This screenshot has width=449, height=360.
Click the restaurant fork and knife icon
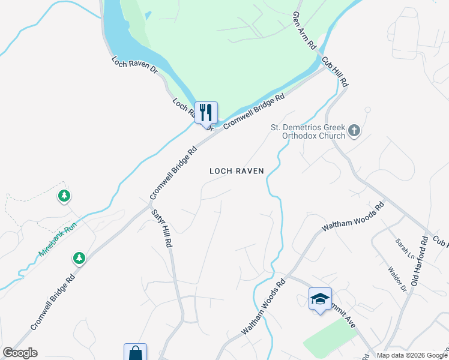tap(206, 112)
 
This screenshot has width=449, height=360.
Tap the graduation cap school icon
tap(320, 299)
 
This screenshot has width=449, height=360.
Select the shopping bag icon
tap(135, 353)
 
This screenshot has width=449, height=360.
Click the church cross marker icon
tap(354, 131)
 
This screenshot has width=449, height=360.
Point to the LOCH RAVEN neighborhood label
tap(237, 171)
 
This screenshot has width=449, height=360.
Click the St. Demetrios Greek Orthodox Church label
tap(308, 131)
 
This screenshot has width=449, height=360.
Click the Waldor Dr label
tap(397, 280)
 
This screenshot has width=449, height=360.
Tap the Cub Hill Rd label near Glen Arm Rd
tap(335, 70)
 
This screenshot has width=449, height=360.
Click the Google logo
tap(20, 353)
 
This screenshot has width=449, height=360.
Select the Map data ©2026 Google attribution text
tap(412, 355)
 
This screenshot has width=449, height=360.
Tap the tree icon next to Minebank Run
tap(79, 258)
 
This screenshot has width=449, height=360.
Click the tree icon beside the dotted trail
tap(64, 196)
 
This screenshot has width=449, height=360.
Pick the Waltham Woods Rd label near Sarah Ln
tap(353, 217)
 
